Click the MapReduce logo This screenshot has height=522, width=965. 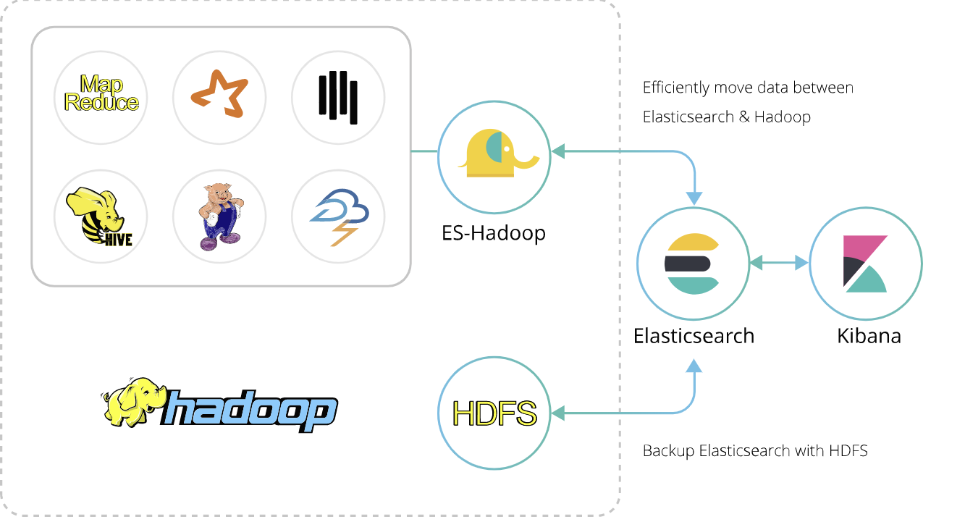101,93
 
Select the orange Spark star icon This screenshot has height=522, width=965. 219,94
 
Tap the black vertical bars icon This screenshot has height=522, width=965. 337,97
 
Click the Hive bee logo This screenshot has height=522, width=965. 101,216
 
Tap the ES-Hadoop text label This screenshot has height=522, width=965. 493,232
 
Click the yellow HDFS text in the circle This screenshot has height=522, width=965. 494,413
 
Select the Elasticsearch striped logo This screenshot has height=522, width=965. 693,264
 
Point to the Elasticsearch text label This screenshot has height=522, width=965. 694,336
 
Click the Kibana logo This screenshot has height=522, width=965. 865,264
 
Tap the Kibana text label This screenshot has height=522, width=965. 869,336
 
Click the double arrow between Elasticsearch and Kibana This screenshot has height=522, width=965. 779,264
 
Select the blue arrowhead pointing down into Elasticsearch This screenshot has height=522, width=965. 694,198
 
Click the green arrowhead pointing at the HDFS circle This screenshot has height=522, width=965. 557,413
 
